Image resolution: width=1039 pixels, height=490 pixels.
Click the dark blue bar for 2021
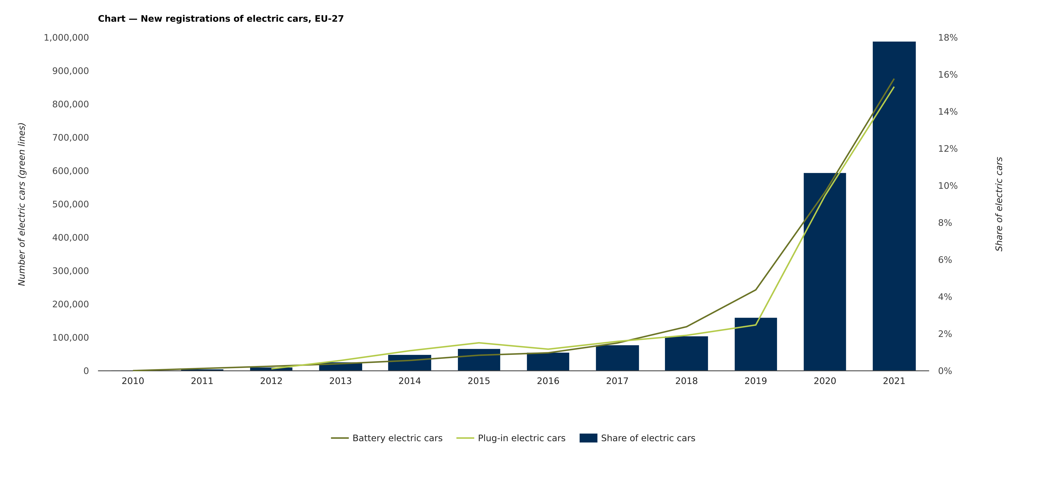click(894, 206)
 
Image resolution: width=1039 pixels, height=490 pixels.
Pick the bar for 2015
click(479, 360)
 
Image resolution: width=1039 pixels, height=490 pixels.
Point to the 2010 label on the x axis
click(133, 381)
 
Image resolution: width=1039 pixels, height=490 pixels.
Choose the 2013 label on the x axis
click(340, 381)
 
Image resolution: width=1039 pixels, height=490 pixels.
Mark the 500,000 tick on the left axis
click(70, 205)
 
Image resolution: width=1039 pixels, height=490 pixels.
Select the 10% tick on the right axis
click(947, 186)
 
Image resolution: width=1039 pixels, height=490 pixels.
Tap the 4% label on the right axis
click(945, 297)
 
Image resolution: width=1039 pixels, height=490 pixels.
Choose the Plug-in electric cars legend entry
click(521, 438)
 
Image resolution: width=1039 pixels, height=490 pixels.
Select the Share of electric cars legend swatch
click(588, 438)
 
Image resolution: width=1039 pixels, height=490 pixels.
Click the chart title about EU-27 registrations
click(221, 19)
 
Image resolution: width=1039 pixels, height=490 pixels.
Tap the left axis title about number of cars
click(22, 204)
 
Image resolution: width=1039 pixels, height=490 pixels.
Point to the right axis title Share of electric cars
click(999, 204)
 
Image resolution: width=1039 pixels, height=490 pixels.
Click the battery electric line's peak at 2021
click(894, 79)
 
